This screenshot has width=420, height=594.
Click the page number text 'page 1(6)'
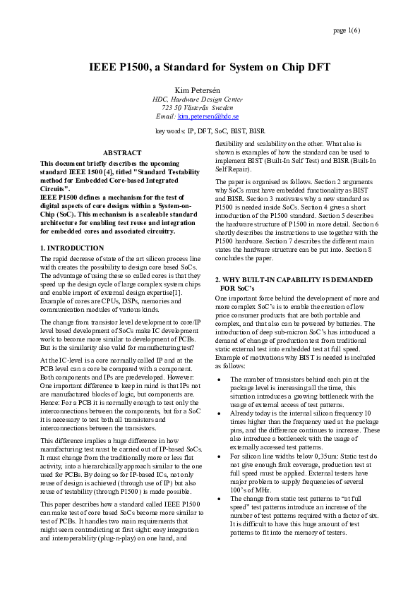[x=346, y=31]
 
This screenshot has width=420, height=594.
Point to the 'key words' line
[x=210, y=131]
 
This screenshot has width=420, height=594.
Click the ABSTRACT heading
[x=122, y=152]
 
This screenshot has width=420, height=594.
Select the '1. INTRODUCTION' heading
[x=72, y=248]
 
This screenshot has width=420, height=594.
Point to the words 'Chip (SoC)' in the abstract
[x=56, y=213]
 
